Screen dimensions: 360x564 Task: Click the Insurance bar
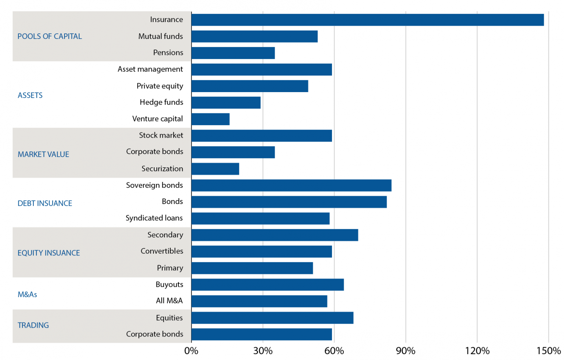[367, 20]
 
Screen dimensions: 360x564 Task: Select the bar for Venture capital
[210, 119]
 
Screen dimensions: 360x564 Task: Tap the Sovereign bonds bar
[291, 185]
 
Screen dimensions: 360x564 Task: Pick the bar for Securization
[215, 169]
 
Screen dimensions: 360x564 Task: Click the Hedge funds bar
[226, 103]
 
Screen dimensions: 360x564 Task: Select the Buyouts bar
[267, 285]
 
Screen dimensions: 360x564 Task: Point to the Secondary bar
[275, 235]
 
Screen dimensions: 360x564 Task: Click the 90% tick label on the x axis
[405, 351]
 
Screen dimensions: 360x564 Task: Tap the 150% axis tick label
[548, 351]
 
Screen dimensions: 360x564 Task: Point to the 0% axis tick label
[191, 351]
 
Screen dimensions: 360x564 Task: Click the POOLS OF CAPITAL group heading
[50, 36]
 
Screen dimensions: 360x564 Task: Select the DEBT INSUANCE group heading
[45, 203]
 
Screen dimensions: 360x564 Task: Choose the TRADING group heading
[33, 326]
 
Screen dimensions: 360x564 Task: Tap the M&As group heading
[28, 294]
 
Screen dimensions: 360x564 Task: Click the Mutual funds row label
[160, 36]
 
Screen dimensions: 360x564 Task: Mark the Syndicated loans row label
[154, 218]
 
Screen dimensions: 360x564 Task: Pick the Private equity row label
[160, 86]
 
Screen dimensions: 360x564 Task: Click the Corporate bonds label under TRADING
[155, 334]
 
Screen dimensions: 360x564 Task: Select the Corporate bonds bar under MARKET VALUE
[233, 152]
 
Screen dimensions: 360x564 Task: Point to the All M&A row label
[169, 301]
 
